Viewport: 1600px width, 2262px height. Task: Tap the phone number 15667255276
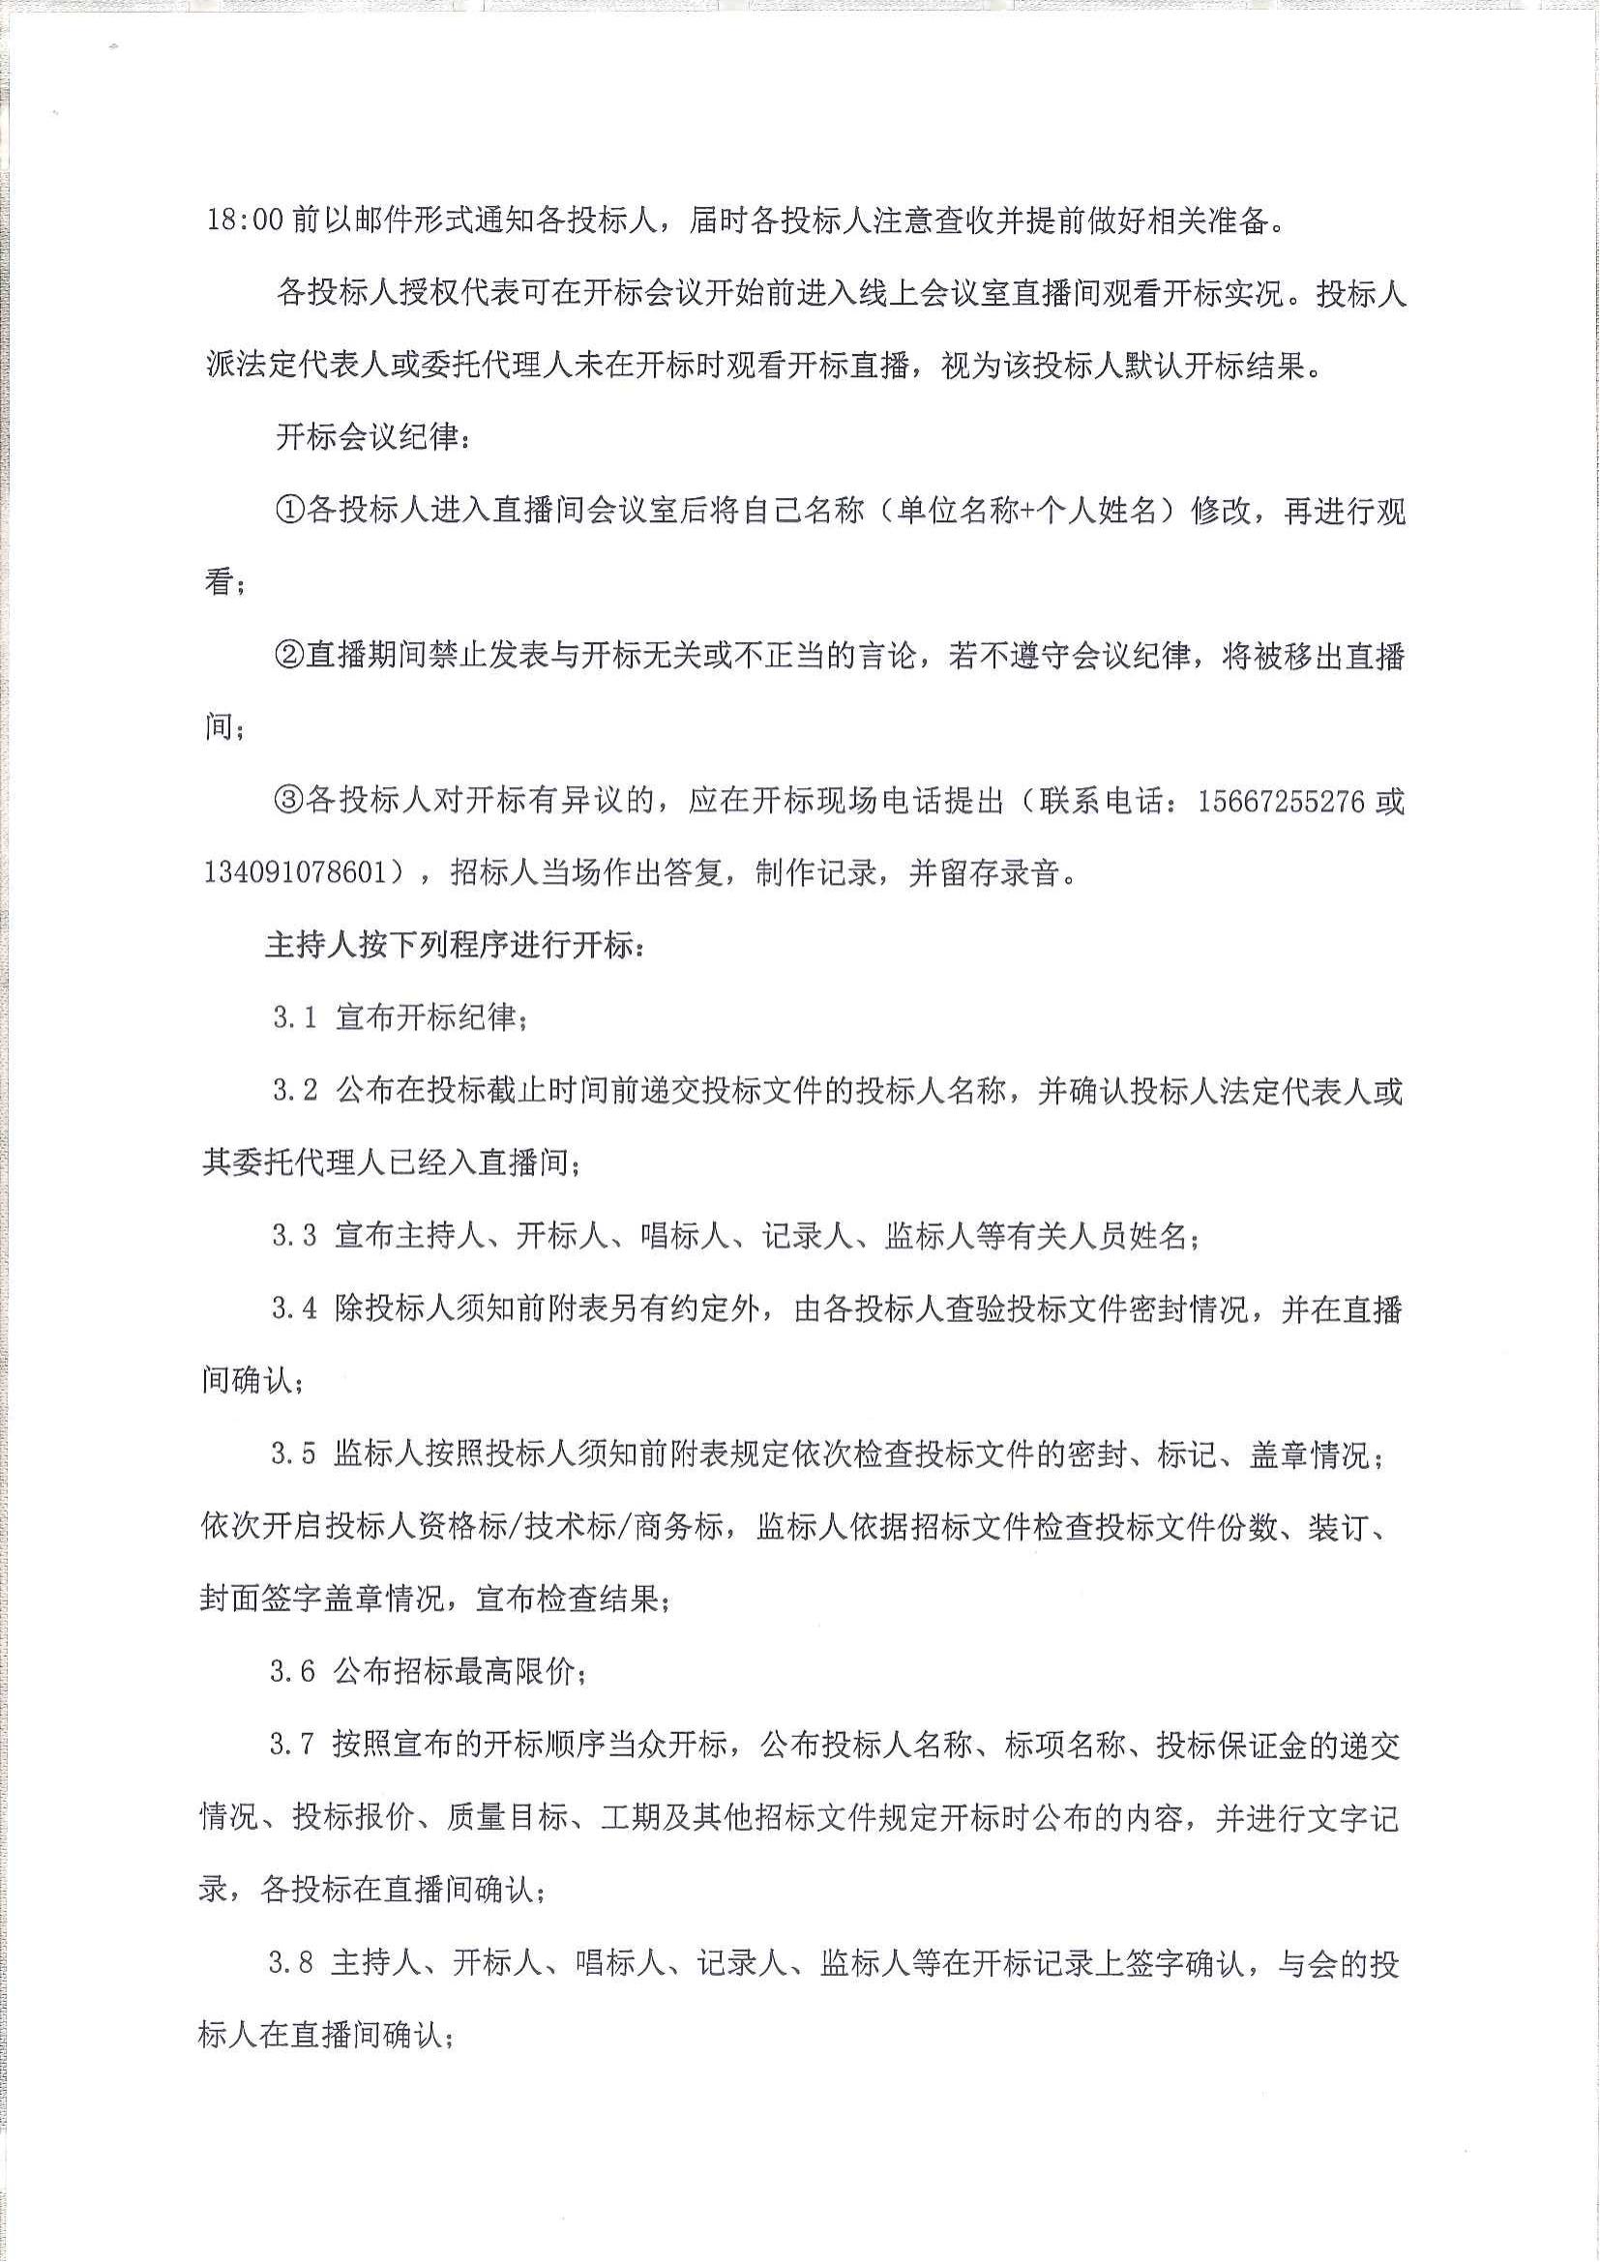(1281, 801)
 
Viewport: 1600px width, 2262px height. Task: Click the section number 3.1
(295, 1017)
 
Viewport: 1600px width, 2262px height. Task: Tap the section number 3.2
(295, 1091)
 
